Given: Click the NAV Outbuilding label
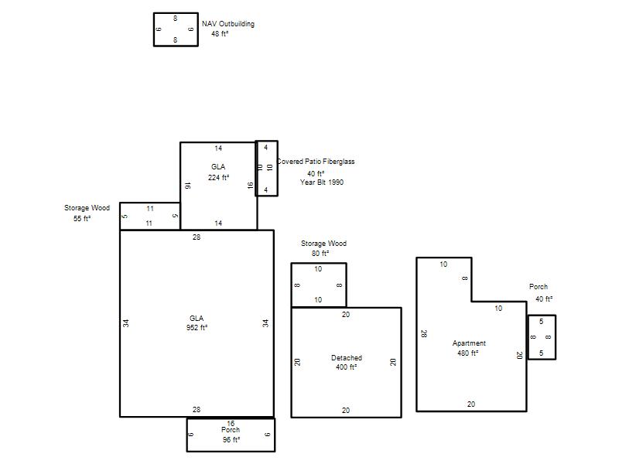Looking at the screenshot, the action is [x=228, y=24].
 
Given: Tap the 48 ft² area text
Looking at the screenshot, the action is [x=220, y=34].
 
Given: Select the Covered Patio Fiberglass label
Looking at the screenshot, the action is [x=316, y=162].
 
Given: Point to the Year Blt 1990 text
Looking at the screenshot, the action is [x=322, y=183].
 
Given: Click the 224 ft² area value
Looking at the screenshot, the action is [x=218, y=178].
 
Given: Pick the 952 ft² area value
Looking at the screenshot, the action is [x=197, y=327].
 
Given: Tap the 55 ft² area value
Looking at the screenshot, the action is [x=82, y=218].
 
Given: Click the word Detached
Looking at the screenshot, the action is [x=347, y=358].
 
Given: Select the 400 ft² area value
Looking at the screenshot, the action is [x=346, y=367].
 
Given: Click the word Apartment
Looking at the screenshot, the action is [x=469, y=343].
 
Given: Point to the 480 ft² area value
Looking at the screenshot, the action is [x=468, y=353].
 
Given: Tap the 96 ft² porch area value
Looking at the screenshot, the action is [x=231, y=439].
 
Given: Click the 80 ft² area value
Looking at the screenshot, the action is [x=320, y=254].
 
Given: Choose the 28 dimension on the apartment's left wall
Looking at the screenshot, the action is [x=423, y=334].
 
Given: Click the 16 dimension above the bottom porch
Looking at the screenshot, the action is [x=231, y=423].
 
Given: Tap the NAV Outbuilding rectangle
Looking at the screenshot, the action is [x=154, y=29].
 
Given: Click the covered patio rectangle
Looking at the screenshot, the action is [x=256, y=169].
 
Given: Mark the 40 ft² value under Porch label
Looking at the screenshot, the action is [x=544, y=299].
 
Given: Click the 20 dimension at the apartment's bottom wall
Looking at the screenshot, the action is [x=471, y=404].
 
